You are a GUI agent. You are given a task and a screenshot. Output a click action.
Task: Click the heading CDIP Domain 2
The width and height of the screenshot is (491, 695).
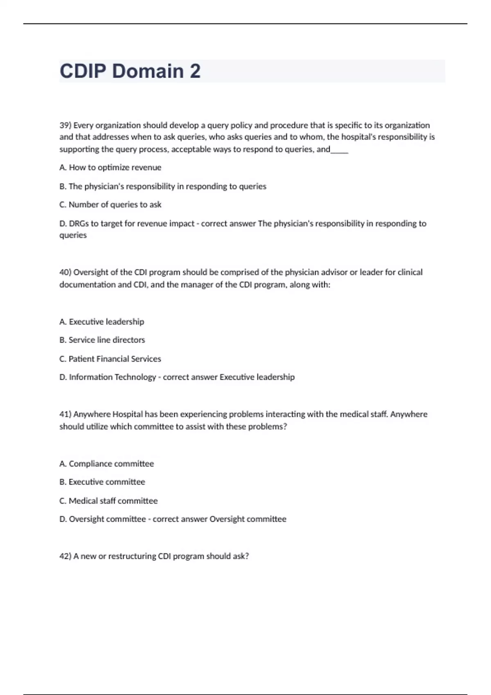pyautogui.click(x=130, y=71)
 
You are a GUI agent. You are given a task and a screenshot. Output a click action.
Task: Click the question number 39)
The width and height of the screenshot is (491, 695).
pyautogui.click(x=65, y=125)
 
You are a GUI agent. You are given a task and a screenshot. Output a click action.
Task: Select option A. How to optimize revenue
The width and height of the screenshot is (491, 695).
pyautogui.click(x=110, y=167)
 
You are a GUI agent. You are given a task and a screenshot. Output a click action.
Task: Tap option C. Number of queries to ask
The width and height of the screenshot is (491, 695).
pyautogui.click(x=110, y=204)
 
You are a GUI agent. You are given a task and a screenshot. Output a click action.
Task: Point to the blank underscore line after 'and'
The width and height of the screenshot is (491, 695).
pyautogui.click(x=340, y=150)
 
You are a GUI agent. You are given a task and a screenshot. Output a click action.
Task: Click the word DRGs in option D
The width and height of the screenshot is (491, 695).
pyautogui.click(x=79, y=223)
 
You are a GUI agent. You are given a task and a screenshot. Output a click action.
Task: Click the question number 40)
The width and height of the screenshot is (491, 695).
pyautogui.click(x=65, y=272)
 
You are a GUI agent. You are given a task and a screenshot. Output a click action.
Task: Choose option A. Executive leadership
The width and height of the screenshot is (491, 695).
pyautogui.click(x=101, y=322)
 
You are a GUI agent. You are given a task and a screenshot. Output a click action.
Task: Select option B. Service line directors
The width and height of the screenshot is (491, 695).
pyautogui.click(x=102, y=340)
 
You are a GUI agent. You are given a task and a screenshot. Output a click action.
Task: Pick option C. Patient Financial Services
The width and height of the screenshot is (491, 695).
pyautogui.click(x=110, y=359)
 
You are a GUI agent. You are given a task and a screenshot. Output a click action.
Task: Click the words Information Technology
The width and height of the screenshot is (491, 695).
pyautogui.click(x=113, y=377)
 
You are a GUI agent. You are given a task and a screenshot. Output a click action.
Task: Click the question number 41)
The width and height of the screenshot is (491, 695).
pyautogui.click(x=65, y=414)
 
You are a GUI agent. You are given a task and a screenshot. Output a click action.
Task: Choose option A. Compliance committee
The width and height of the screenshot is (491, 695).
pyautogui.click(x=106, y=464)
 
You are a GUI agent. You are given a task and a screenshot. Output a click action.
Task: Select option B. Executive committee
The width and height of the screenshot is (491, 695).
pyautogui.click(x=102, y=482)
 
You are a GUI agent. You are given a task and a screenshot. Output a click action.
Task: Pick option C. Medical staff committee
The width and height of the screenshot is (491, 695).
pyautogui.click(x=108, y=501)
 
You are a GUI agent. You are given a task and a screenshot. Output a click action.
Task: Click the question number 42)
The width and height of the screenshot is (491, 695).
pyautogui.click(x=65, y=556)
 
